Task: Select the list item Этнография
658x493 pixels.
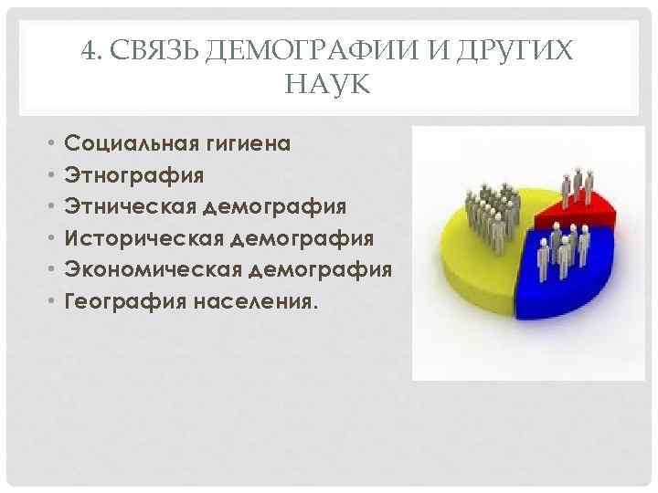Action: [x=134, y=174]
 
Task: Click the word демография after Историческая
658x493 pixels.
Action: [x=301, y=238]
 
